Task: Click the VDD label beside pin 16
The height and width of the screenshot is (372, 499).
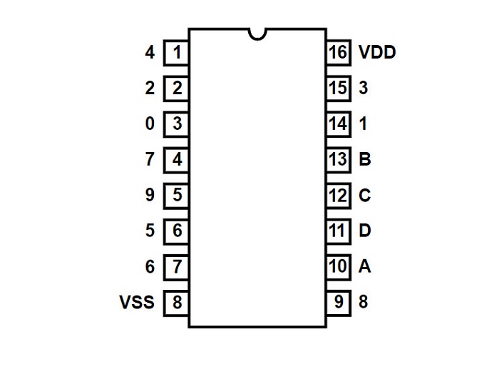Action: point(377,52)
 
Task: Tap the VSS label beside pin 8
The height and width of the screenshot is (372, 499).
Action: point(137,302)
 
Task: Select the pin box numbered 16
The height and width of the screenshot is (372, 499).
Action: point(339,53)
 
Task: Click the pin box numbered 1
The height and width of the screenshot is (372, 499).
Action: point(176,53)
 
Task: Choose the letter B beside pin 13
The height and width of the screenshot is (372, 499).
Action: point(365,159)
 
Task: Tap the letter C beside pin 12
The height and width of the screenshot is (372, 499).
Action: point(365,195)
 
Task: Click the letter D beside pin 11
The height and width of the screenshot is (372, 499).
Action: point(365,231)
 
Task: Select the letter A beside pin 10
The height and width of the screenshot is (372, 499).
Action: point(365,266)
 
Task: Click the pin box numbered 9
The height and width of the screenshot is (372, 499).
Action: point(339,303)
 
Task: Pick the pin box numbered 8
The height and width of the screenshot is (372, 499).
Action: point(176,303)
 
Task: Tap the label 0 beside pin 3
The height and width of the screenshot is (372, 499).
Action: point(150,124)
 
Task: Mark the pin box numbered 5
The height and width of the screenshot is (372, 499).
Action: point(176,196)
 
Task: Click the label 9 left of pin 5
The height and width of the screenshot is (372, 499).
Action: point(150,195)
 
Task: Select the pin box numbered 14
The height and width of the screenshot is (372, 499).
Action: point(339,124)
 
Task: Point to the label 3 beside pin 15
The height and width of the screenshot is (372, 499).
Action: point(363,88)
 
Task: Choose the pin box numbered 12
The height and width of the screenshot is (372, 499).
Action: point(339,196)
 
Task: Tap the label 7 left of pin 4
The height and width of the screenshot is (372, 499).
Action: point(150,159)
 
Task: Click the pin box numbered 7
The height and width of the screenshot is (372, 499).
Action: point(176,267)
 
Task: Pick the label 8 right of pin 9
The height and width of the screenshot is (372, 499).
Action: point(363,302)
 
